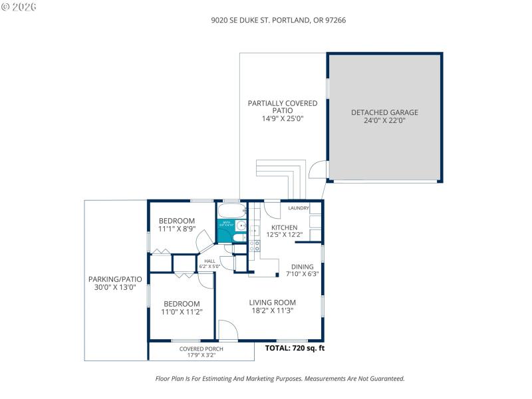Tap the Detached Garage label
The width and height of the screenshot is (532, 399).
[384, 112]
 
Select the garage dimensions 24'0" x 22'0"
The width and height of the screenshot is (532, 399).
[384, 121]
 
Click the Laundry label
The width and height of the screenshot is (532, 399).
[299, 208]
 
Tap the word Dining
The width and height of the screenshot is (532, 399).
[303, 267]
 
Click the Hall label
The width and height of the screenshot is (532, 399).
[209, 261]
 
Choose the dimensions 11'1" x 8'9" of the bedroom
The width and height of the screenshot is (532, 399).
[176, 229]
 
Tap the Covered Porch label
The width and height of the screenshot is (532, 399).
[201, 348]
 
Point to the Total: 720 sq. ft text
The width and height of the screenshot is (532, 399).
[295, 348]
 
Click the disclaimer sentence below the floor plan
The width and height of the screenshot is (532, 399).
[279, 378]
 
